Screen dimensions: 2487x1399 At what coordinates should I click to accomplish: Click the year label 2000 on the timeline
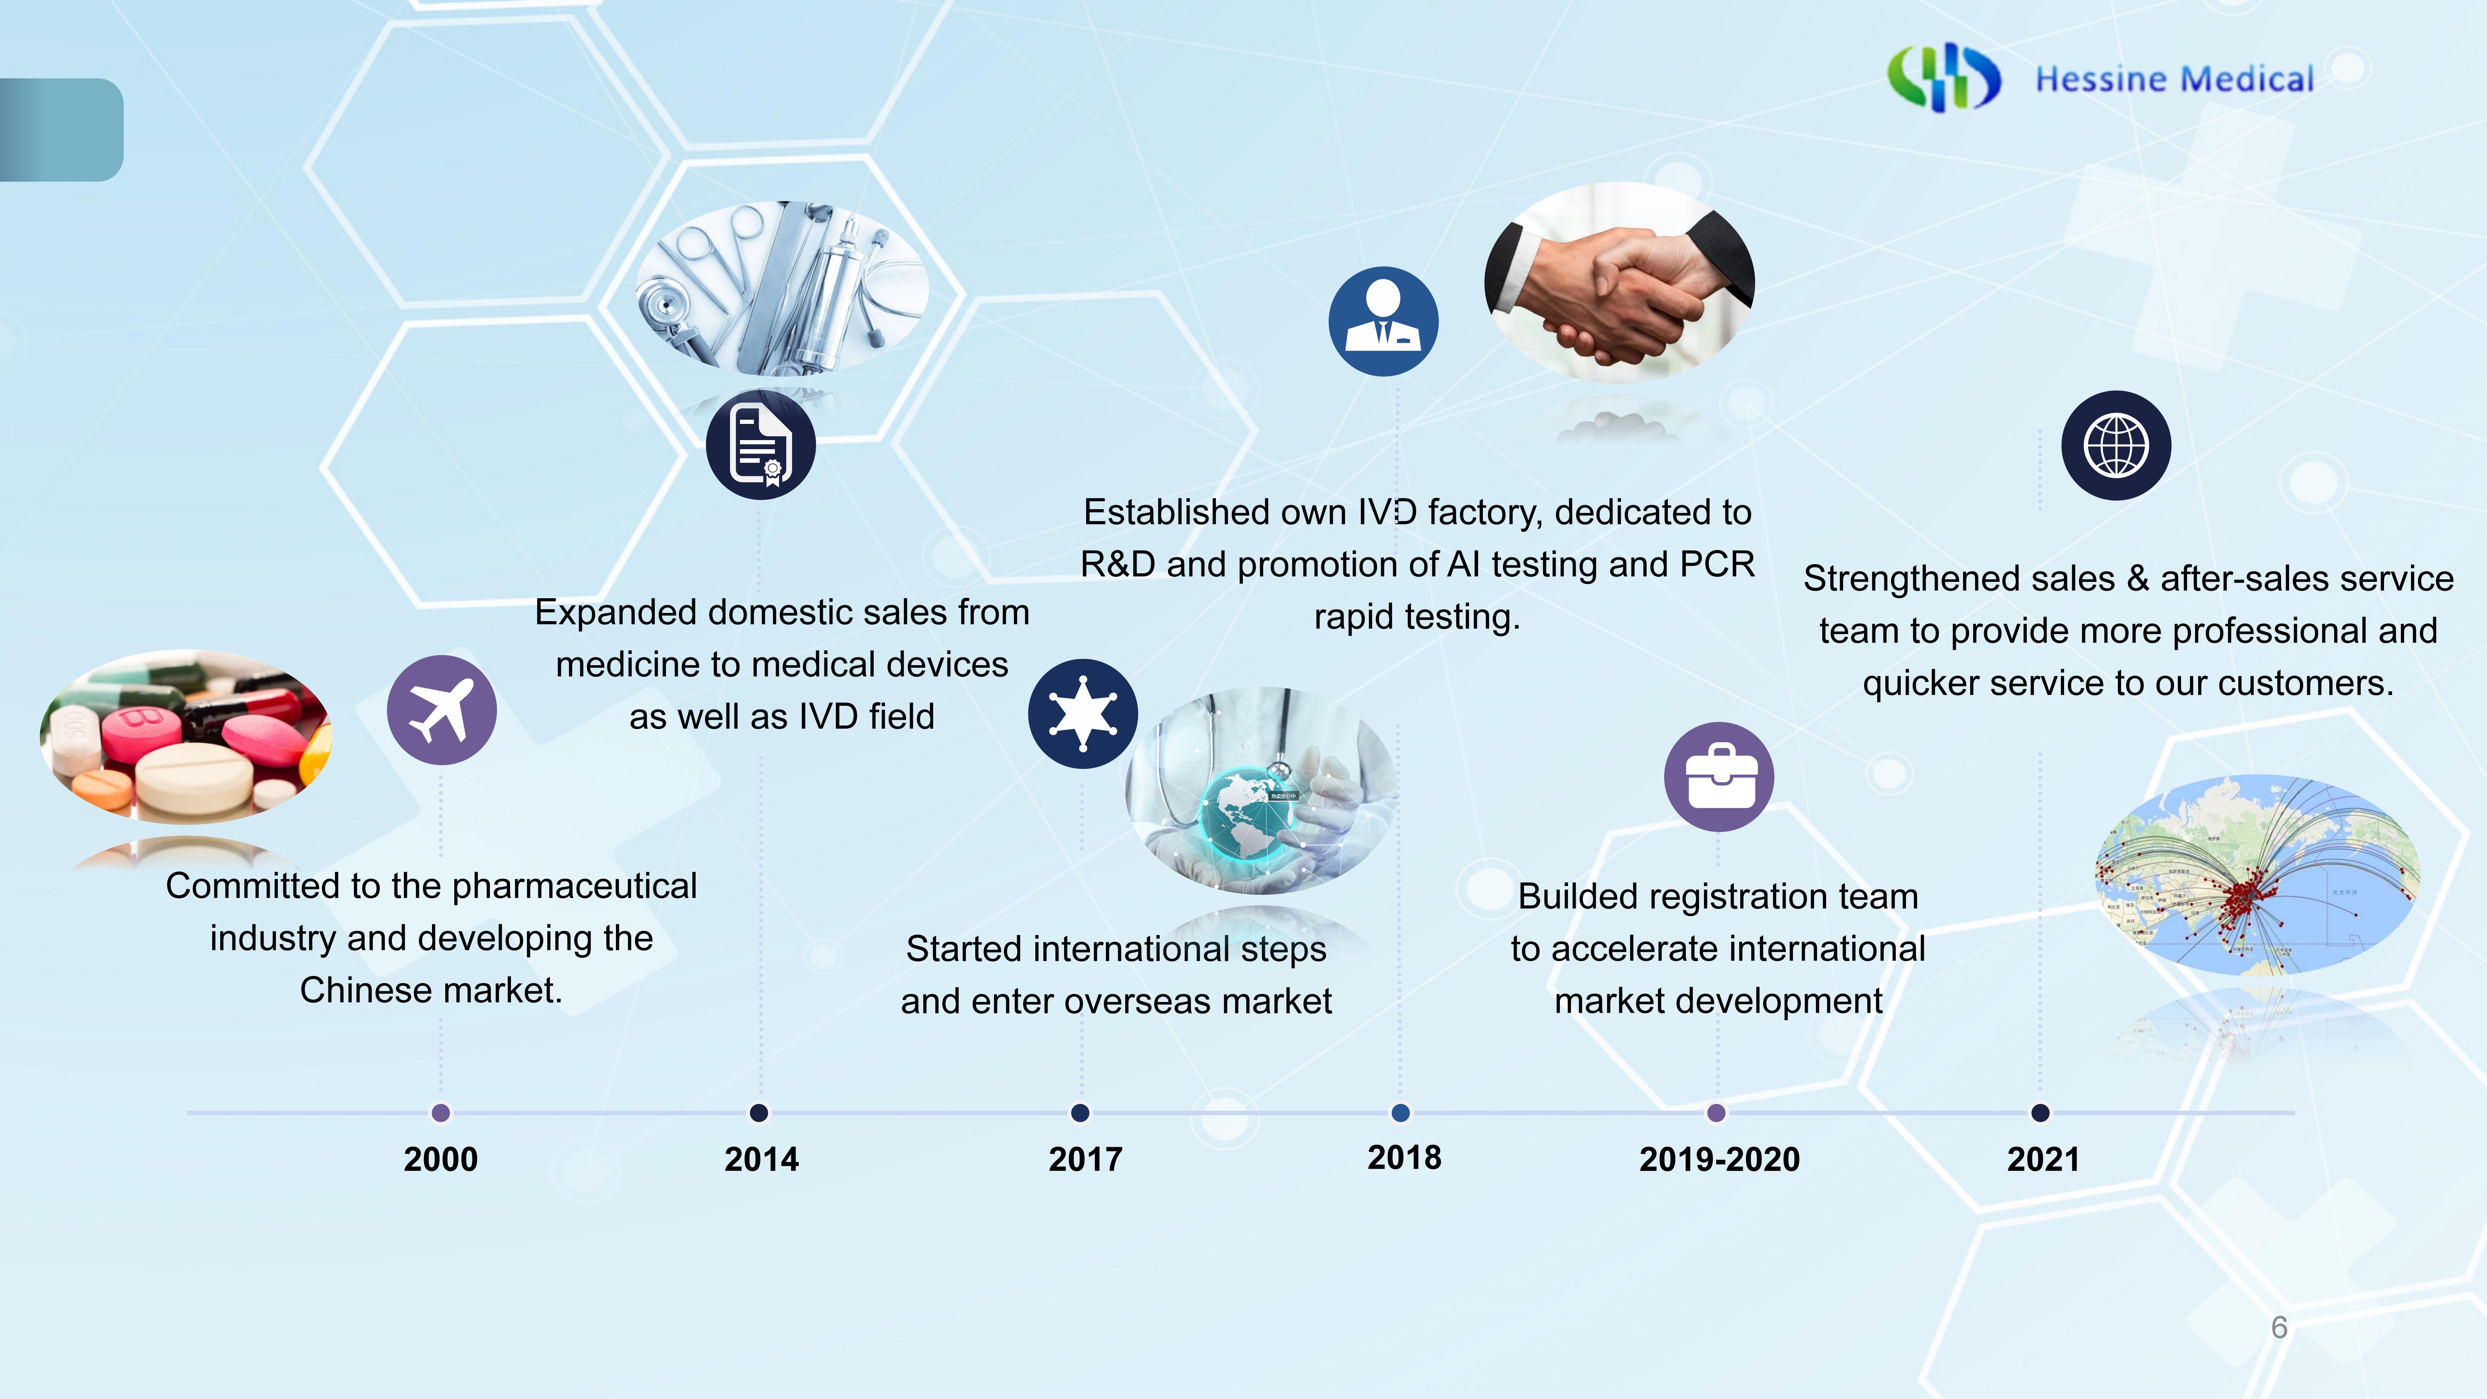click(440, 1159)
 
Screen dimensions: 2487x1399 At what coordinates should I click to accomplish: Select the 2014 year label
click(762, 1159)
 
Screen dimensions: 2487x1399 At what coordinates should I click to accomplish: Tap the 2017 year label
click(1085, 1159)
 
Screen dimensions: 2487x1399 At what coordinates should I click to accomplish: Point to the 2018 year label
click(1404, 1157)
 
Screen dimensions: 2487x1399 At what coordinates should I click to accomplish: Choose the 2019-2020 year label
click(1720, 1159)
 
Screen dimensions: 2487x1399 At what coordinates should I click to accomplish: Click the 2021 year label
click(2043, 1159)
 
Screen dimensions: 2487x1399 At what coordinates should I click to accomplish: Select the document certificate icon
click(761, 445)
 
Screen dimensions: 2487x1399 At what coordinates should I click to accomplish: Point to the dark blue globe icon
click(2116, 445)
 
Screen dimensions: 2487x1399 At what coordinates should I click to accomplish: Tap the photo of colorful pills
click(185, 736)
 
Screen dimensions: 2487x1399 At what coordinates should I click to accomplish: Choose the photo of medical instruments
click(782, 288)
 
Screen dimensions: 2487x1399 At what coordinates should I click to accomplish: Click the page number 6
click(2279, 1327)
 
